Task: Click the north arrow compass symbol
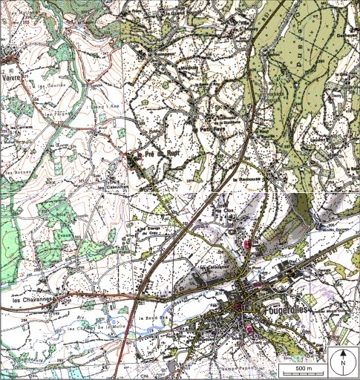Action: click(x=344, y=362)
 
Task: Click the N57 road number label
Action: click(x=159, y=261)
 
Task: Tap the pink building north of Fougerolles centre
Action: click(x=247, y=243)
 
